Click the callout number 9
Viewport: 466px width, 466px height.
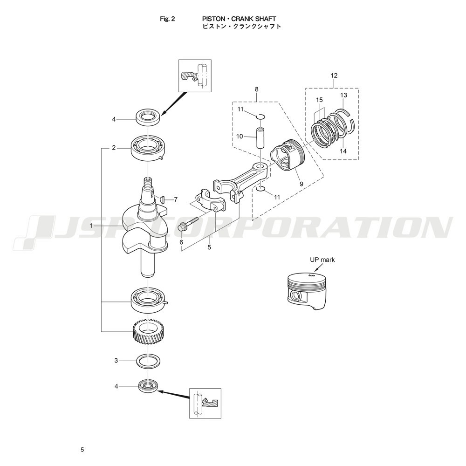(x=302, y=184)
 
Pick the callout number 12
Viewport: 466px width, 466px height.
(x=334, y=75)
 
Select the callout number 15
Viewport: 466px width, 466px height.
(x=320, y=100)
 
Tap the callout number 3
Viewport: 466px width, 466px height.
(x=116, y=361)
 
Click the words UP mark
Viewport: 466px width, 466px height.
(x=322, y=260)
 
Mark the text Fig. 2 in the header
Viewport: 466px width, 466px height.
(x=167, y=19)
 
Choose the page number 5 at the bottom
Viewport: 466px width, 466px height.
(x=82, y=450)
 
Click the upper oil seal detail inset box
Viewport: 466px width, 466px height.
(x=195, y=75)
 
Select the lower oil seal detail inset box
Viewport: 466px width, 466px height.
(x=205, y=403)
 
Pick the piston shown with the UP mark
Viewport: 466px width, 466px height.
(x=307, y=291)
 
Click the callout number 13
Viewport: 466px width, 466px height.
(x=343, y=95)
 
